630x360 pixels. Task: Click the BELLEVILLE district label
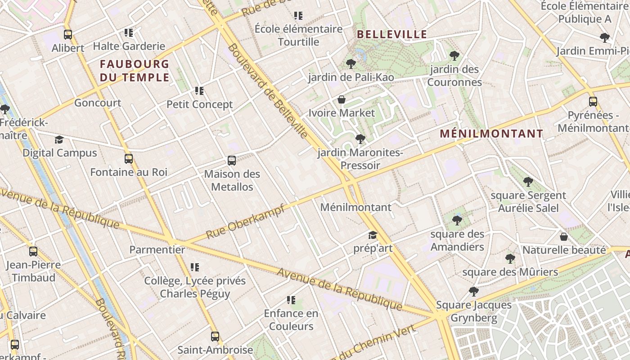click(391, 34)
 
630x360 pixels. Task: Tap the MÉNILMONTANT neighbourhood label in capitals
click(491, 134)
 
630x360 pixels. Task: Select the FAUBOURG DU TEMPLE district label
click(135, 70)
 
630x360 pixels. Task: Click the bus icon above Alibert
click(68, 34)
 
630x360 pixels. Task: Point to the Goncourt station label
click(98, 103)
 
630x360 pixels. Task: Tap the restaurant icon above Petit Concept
click(199, 91)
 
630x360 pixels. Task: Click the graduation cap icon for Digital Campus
click(59, 140)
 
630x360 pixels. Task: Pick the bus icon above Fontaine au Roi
click(129, 159)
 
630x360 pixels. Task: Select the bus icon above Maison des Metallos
click(232, 161)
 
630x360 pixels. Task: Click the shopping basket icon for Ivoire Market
click(342, 99)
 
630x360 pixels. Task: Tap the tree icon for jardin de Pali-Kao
click(351, 64)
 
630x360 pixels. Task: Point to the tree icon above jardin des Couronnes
click(454, 56)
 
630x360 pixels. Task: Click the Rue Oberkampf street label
click(245, 222)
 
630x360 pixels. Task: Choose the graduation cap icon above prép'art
click(373, 235)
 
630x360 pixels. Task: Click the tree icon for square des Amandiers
click(457, 220)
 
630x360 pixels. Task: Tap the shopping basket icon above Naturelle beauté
click(564, 237)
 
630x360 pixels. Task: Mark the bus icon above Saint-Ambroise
click(215, 336)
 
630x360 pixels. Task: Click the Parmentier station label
click(157, 250)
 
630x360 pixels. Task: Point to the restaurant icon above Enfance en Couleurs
click(291, 300)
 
